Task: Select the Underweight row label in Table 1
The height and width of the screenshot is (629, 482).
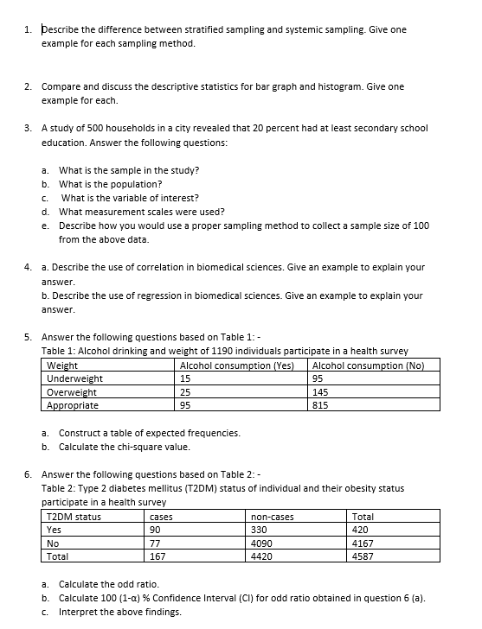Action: [x=74, y=378]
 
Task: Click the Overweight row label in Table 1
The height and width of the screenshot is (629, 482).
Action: [x=71, y=391]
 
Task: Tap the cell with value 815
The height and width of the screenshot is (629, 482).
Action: [x=319, y=405]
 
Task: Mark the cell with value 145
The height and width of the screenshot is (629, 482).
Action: [x=319, y=391]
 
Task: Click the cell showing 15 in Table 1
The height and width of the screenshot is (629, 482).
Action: [x=184, y=378]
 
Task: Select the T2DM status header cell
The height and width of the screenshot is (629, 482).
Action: [x=74, y=517]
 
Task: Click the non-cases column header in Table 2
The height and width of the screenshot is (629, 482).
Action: [x=273, y=517]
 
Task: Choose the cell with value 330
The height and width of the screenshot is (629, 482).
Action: [x=259, y=531]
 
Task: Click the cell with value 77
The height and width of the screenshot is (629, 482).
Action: [x=156, y=544]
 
